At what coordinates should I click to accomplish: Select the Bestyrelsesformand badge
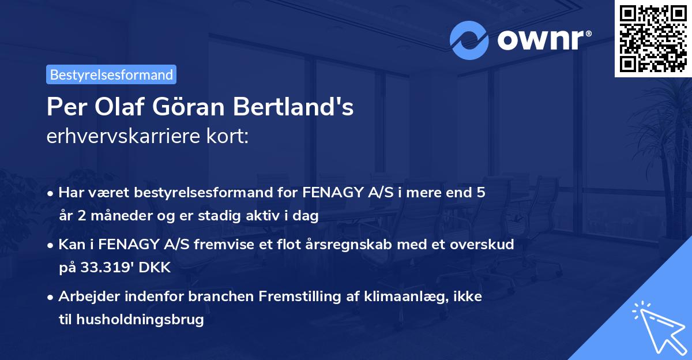click(111, 74)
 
